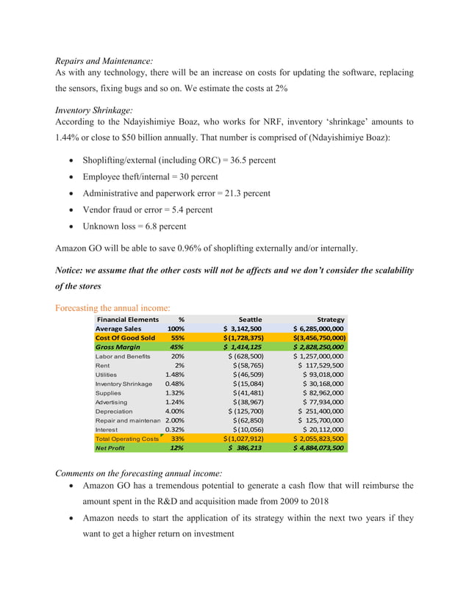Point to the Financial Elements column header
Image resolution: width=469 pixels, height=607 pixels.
127,320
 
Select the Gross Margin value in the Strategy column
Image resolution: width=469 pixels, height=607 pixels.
318,347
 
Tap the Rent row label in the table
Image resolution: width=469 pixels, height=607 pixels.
102,365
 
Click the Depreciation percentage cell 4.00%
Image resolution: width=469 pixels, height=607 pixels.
174,411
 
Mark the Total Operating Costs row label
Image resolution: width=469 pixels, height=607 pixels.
127,439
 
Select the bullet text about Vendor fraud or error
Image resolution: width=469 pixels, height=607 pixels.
148,209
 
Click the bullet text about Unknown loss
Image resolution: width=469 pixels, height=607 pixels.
135,226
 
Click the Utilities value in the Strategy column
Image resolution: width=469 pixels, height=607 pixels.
323,375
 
